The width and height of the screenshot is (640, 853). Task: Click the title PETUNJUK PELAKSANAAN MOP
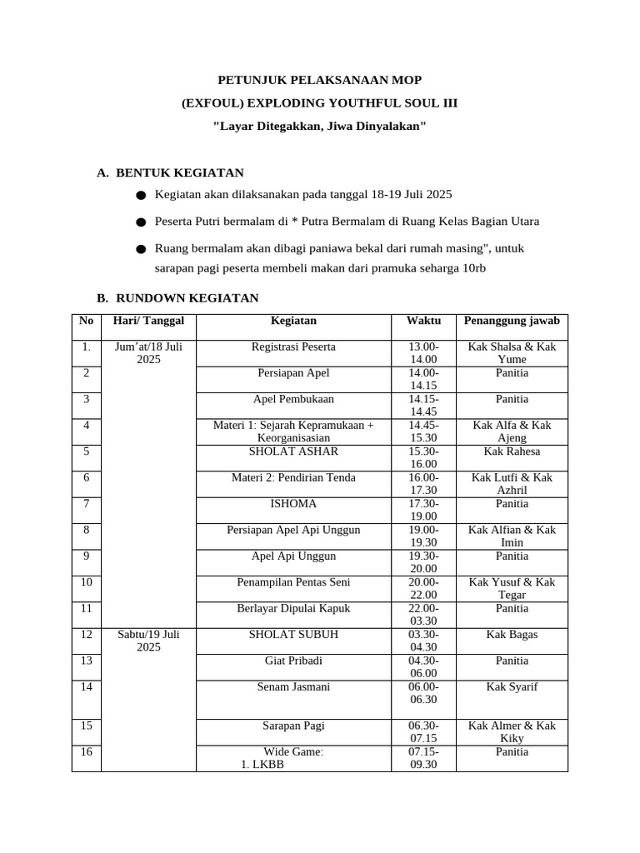coord(319,80)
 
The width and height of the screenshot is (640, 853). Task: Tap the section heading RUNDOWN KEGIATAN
coord(187,297)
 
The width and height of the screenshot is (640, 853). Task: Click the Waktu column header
coord(423,321)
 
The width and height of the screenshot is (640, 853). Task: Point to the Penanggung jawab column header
coord(512,321)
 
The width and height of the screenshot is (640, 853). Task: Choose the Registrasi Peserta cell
coord(293,347)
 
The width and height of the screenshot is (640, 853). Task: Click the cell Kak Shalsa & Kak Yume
coord(512,353)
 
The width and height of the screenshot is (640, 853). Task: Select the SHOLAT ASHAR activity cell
coord(293,451)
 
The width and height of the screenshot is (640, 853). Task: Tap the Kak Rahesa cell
coord(512,451)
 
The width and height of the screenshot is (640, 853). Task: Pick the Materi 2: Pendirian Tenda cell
coord(293,477)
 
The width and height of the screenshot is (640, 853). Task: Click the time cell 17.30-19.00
coord(423,510)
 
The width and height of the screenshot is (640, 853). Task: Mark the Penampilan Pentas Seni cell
coord(293,581)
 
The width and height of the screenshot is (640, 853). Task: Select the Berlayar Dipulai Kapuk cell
coord(293,608)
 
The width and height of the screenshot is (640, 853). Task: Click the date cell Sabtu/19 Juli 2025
coord(148,641)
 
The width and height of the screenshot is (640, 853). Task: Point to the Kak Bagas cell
coord(512,635)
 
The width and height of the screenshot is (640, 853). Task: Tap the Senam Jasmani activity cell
coord(293,687)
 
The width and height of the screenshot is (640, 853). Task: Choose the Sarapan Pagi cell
coord(293,726)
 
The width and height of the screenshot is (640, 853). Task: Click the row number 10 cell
coord(86,581)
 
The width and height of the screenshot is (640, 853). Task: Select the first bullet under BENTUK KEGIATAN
coord(303,194)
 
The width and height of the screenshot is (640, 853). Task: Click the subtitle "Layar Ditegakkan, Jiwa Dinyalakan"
coord(319,126)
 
